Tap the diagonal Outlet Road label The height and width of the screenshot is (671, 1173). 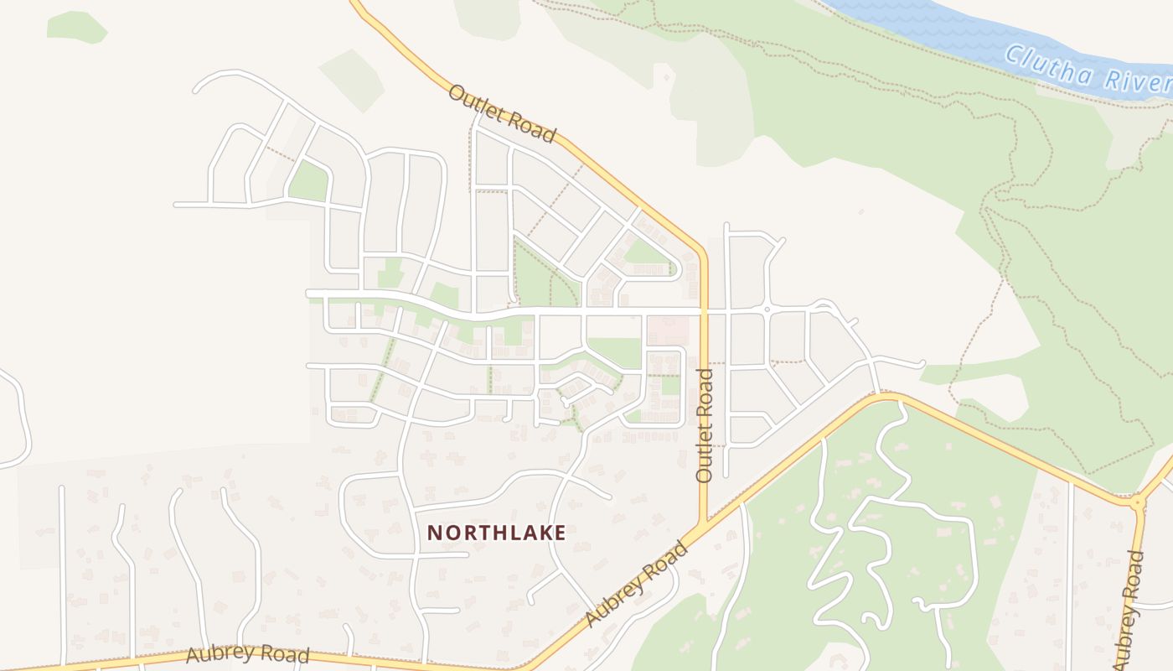point(502,113)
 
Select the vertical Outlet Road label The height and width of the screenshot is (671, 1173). point(705,425)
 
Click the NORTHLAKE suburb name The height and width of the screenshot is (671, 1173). point(497,533)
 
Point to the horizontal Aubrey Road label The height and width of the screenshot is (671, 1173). point(248,654)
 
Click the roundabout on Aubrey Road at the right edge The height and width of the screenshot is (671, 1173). point(1138,503)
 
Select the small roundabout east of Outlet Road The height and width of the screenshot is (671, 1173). point(767,310)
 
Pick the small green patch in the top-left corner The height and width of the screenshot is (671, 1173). point(76,26)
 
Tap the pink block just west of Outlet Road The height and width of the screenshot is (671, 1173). point(667,330)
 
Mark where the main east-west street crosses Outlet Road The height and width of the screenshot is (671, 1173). point(704,311)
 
